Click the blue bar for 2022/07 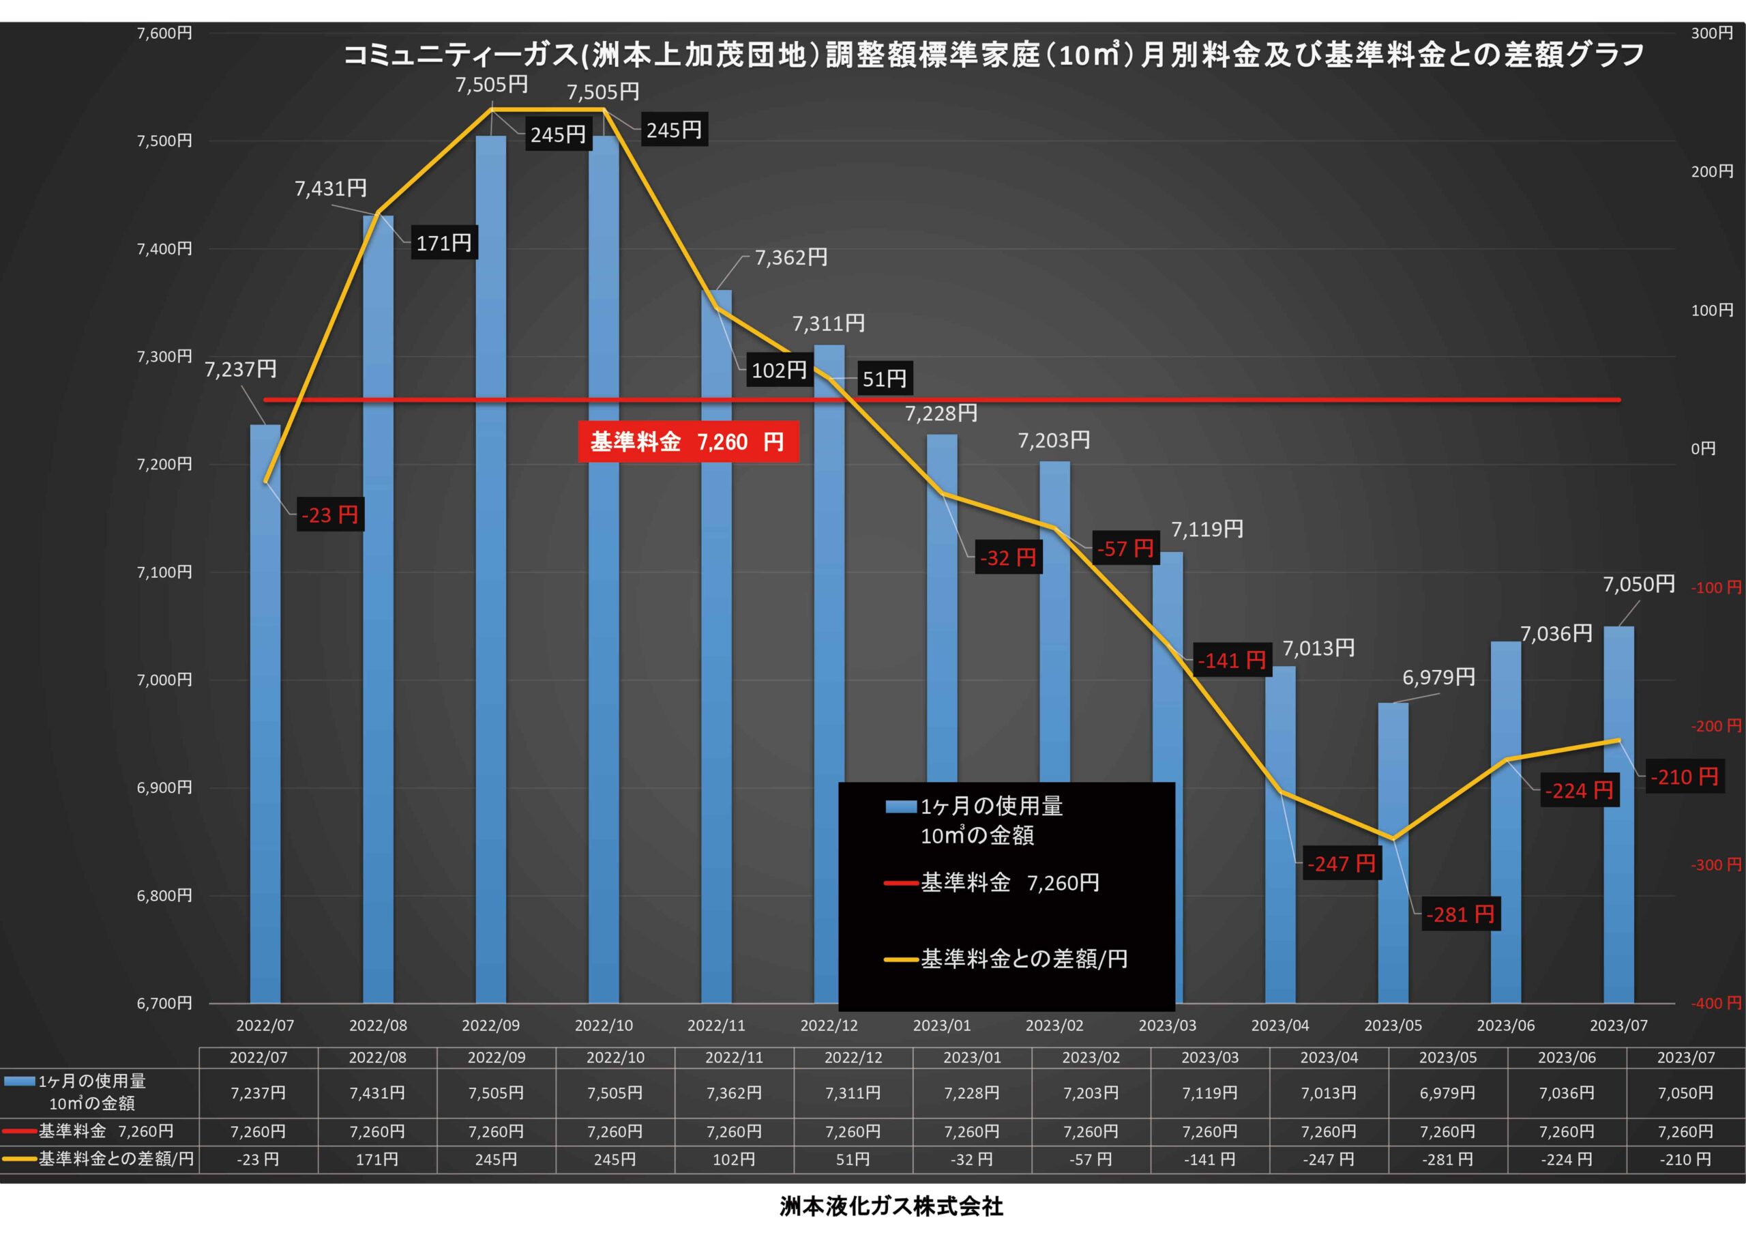[x=265, y=715]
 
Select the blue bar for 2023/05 [x=1393, y=852]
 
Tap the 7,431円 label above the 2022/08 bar [x=331, y=188]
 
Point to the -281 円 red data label [x=1460, y=914]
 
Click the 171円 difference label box [x=444, y=243]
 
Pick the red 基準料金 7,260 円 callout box [x=687, y=441]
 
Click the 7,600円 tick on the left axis [x=164, y=33]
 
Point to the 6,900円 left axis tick [x=164, y=787]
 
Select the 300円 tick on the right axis [x=1712, y=33]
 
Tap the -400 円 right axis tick [x=1715, y=1003]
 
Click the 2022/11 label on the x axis [x=715, y=1025]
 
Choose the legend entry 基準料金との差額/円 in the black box [x=1024, y=959]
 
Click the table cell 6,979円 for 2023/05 [x=1447, y=1092]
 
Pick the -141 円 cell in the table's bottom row [x=1209, y=1160]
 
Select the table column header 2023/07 [x=1685, y=1057]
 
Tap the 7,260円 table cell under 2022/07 [x=258, y=1131]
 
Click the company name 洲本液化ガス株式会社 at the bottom [x=891, y=1206]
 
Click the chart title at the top [x=993, y=55]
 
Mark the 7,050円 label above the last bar [x=1639, y=584]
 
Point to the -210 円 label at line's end [x=1684, y=777]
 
